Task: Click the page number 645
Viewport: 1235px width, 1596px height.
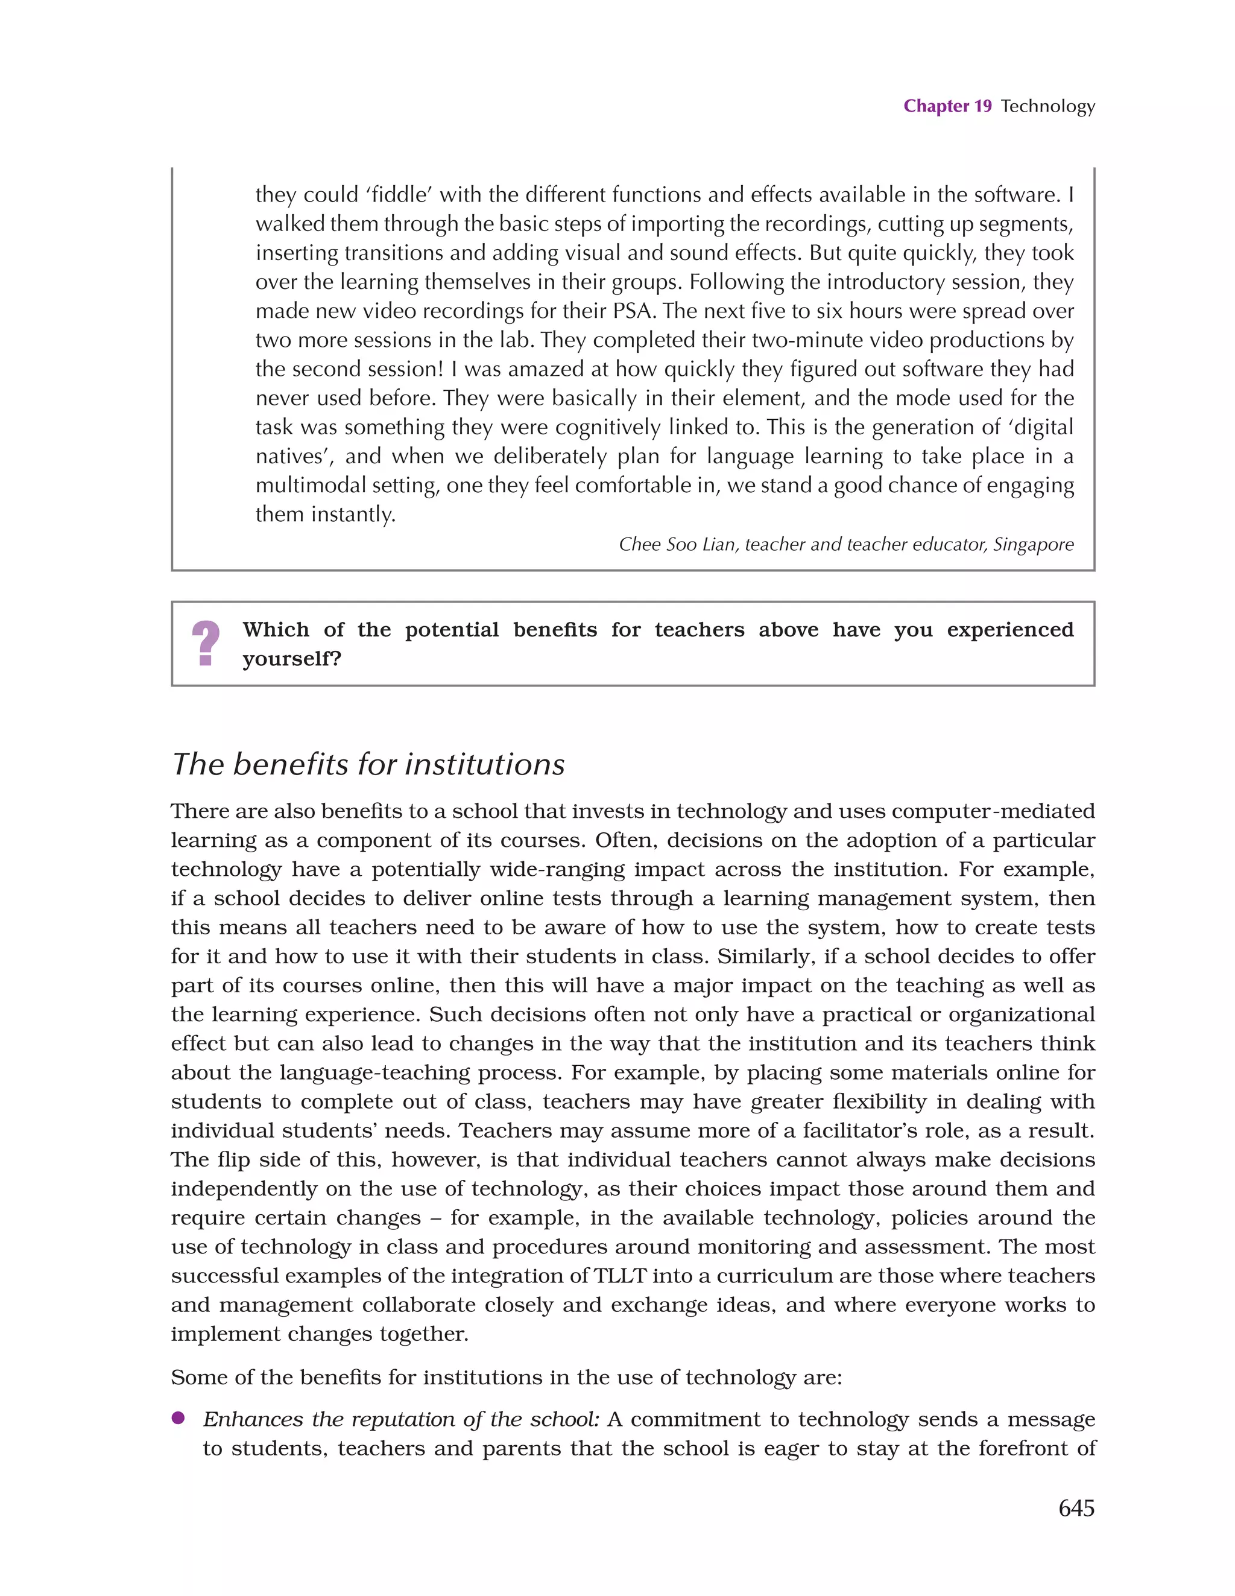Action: pyautogui.click(x=1076, y=1507)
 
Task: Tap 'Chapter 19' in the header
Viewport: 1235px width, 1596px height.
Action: pyautogui.click(x=947, y=106)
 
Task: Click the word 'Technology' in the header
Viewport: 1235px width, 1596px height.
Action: pyautogui.click(x=1047, y=106)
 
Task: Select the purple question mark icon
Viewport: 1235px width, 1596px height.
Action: pyautogui.click(x=206, y=643)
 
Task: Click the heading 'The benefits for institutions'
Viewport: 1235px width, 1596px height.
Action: pyautogui.click(x=368, y=764)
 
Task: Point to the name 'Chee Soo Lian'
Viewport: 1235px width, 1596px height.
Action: pyautogui.click(x=677, y=545)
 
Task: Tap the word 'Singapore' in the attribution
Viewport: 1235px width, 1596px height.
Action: pyautogui.click(x=1032, y=545)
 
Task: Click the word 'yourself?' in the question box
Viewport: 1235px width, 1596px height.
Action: pyautogui.click(x=292, y=659)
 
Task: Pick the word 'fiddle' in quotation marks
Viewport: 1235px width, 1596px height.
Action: pyautogui.click(x=399, y=194)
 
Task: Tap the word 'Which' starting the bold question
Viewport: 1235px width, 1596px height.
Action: pyautogui.click(x=276, y=629)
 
